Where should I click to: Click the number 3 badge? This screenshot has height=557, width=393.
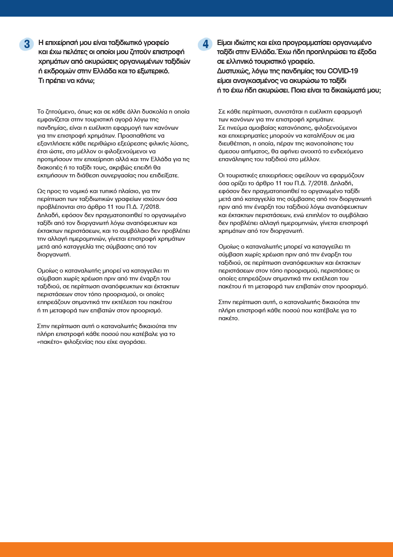(x=27, y=44)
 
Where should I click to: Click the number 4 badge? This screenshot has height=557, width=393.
(x=205, y=44)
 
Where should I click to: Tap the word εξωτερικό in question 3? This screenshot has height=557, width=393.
(x=152, y=71)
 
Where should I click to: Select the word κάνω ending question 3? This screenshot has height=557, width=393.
(x=85, y=81)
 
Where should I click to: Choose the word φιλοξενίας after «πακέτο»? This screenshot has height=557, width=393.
(x=79, y=342)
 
